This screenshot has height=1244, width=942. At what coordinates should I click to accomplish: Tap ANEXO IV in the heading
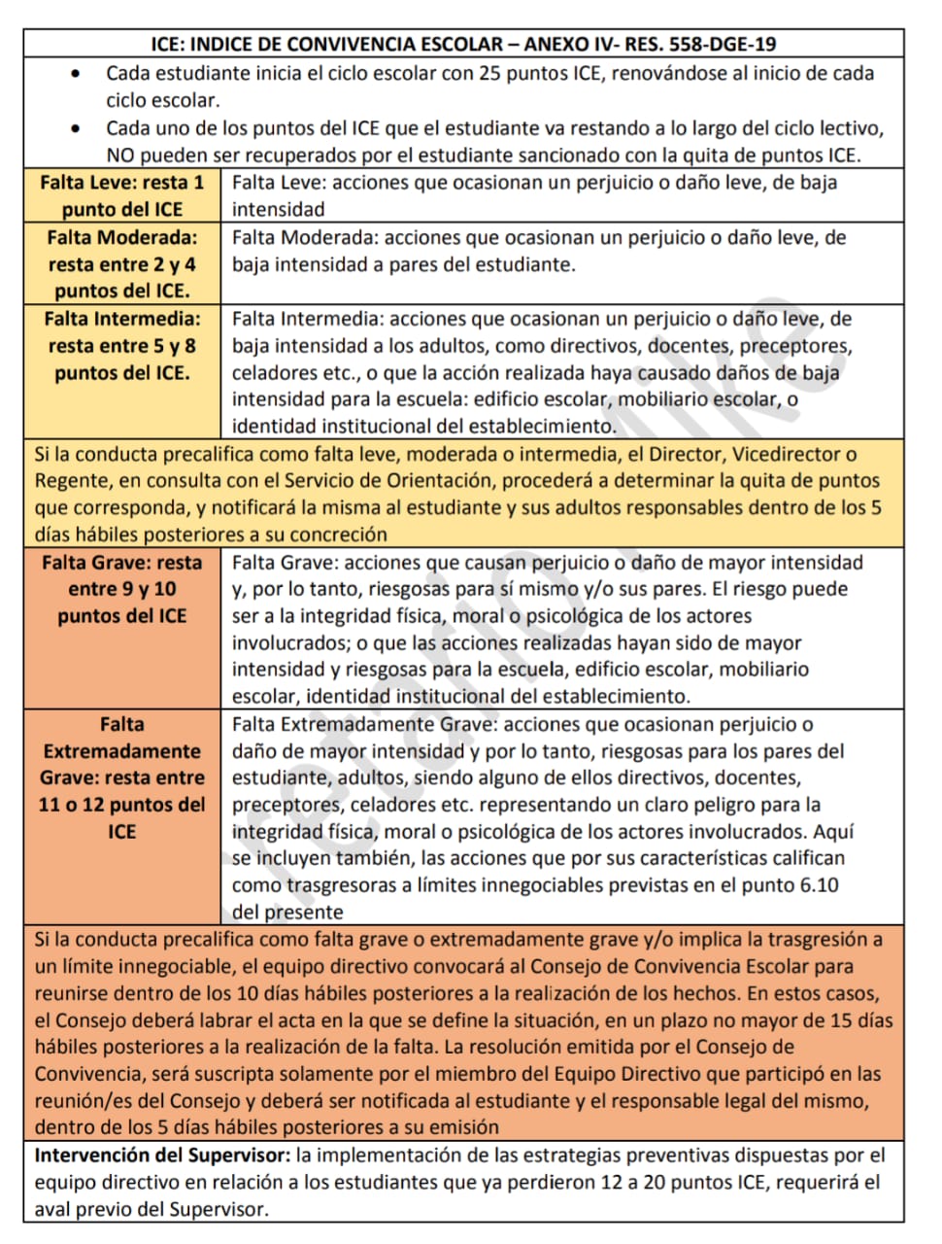(565, 44)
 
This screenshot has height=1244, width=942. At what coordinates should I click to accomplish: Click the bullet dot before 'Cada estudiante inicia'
(77, 74)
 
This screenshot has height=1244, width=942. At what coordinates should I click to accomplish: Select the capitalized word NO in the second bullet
(120, 155)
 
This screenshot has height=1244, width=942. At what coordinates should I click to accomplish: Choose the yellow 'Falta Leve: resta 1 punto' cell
(122, 195)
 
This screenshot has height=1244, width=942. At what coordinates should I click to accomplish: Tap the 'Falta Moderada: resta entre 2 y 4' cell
(122, 263)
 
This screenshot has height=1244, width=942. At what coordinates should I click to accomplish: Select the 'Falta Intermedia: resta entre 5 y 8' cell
(122, 345)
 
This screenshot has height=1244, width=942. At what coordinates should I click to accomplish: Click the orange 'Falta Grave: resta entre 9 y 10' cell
(122, 589)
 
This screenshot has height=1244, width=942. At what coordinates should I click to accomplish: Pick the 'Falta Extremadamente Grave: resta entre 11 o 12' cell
(122, 777)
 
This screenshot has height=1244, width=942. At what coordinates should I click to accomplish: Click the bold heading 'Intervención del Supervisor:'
(162, 1156)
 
